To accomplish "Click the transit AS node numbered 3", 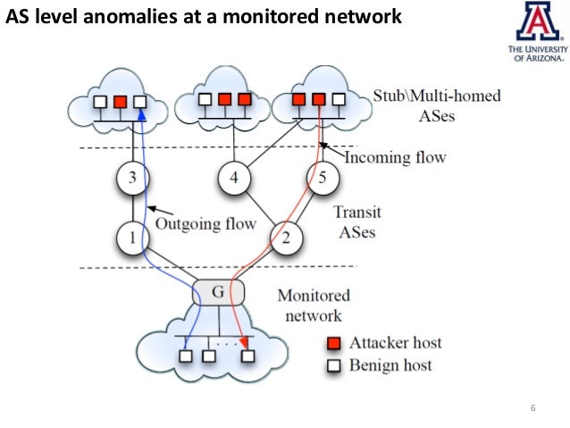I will point(132,178).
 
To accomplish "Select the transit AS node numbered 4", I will point(234,178).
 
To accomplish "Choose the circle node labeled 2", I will point(287,238).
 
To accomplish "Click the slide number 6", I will point(532,410).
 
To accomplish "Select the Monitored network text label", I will point(314,305).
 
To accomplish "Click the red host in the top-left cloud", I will point(120,101).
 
